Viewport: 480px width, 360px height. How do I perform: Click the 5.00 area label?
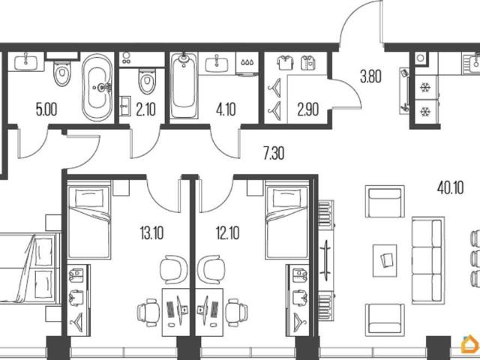pos(46,109)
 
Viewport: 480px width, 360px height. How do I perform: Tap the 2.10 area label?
pos(146,109)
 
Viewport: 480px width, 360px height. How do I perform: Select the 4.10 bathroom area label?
pos(226,109)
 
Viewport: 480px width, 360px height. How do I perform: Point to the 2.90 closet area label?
pos(308,109)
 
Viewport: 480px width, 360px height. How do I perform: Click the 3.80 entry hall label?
pos(370,76)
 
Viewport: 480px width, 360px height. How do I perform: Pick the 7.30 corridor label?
pos(274,153)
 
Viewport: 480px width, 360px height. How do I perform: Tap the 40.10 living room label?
pos(450,187)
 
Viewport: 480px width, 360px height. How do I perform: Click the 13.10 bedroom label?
pos(151,233)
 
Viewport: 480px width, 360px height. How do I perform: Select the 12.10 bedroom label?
pos(228,233)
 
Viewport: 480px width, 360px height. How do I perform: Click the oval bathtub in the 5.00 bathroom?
pos(97,88)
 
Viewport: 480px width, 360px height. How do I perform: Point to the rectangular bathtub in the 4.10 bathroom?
pos(184,85)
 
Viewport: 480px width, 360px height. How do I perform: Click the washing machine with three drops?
pos(247,64)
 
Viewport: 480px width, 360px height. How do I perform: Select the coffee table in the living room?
pos(385,260)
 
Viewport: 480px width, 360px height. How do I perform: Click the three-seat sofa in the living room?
pos(428,260)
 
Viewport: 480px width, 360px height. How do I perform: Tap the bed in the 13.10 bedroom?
pos(88,220)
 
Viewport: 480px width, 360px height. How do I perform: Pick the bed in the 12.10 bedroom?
pos(287,220)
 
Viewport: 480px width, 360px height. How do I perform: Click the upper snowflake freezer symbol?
pos(425,88)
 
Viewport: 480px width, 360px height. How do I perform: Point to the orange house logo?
pos(470,344)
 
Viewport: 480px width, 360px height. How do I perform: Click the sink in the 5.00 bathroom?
pos(25,62)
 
